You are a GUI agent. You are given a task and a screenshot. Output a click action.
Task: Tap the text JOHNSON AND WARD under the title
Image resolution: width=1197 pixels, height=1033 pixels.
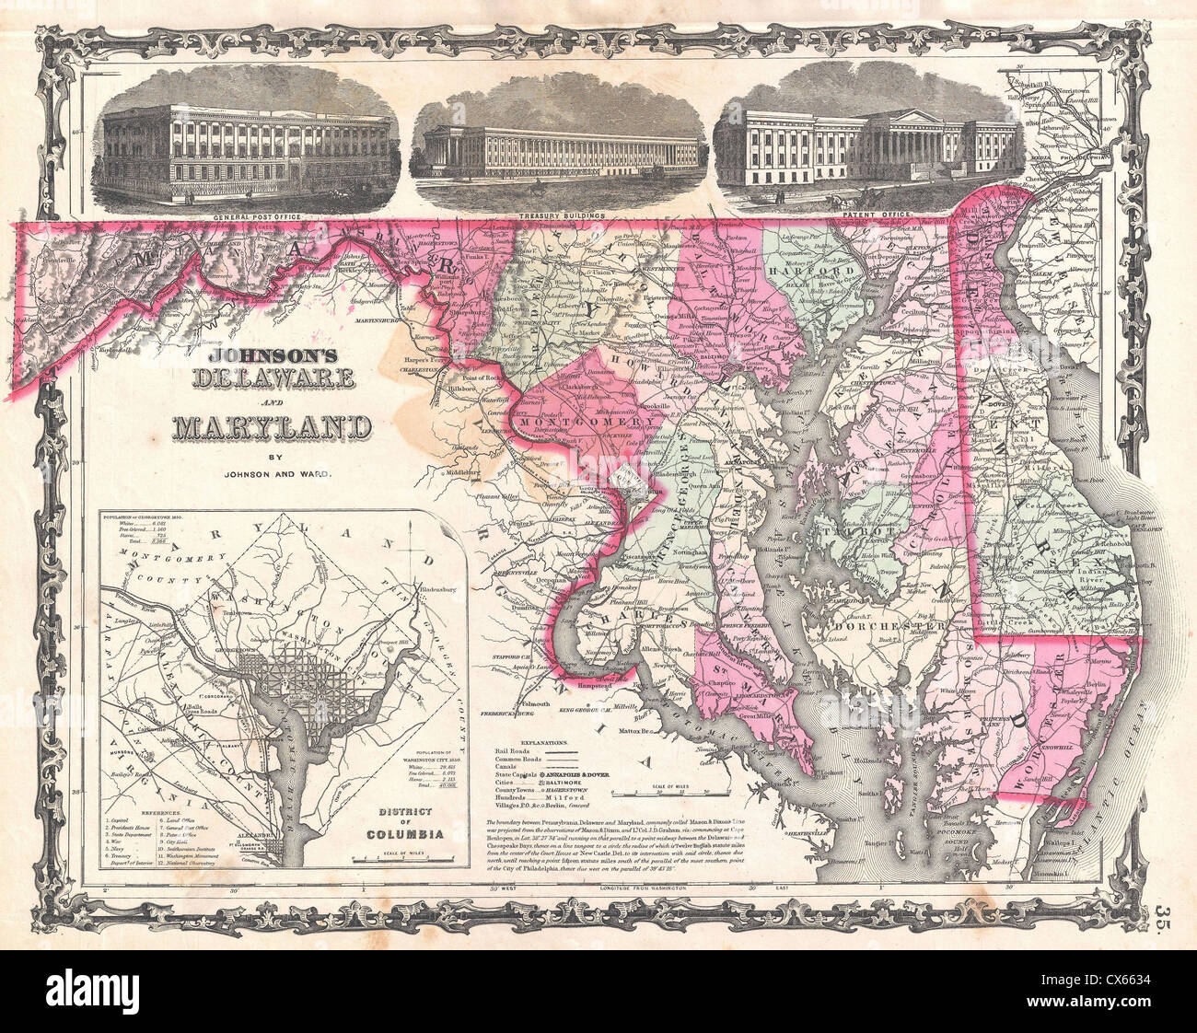274,475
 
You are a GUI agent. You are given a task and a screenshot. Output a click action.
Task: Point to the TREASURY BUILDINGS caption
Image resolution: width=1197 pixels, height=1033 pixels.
562,215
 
